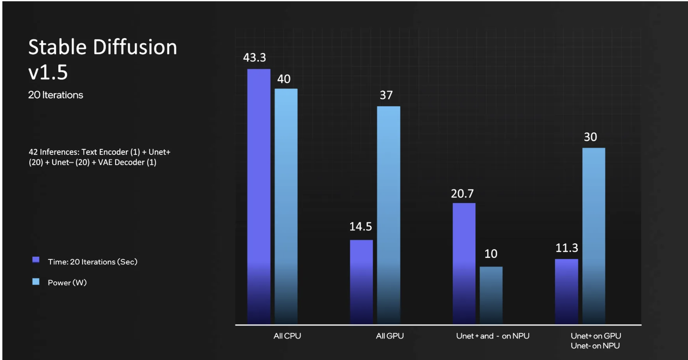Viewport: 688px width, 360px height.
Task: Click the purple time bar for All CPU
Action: click(258, 196)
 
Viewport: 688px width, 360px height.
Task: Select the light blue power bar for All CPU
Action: click(286, 206)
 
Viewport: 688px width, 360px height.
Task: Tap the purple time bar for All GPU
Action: click(361, 282)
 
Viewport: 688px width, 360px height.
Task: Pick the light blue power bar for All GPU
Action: click(388, 215)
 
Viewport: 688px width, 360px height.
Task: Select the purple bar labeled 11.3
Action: click(566, 291)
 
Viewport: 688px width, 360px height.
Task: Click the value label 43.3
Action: click(254, 58)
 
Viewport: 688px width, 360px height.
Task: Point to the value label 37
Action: click(386, 95)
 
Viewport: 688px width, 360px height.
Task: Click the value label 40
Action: click(284, 79)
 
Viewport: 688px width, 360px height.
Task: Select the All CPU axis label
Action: click(287, 336)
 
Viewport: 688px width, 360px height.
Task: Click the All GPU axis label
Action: click(390, 336)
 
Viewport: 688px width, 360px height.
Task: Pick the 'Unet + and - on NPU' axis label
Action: click(493, 336)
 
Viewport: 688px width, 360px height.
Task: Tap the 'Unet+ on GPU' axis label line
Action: click(596, 336)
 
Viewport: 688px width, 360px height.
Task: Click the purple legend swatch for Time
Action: click(36, 260)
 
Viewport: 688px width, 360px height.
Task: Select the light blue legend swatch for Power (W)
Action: click(36, 282)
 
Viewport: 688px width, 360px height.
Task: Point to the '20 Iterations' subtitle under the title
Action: click(55, 95)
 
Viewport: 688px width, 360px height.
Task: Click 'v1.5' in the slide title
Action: click(48, 73)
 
